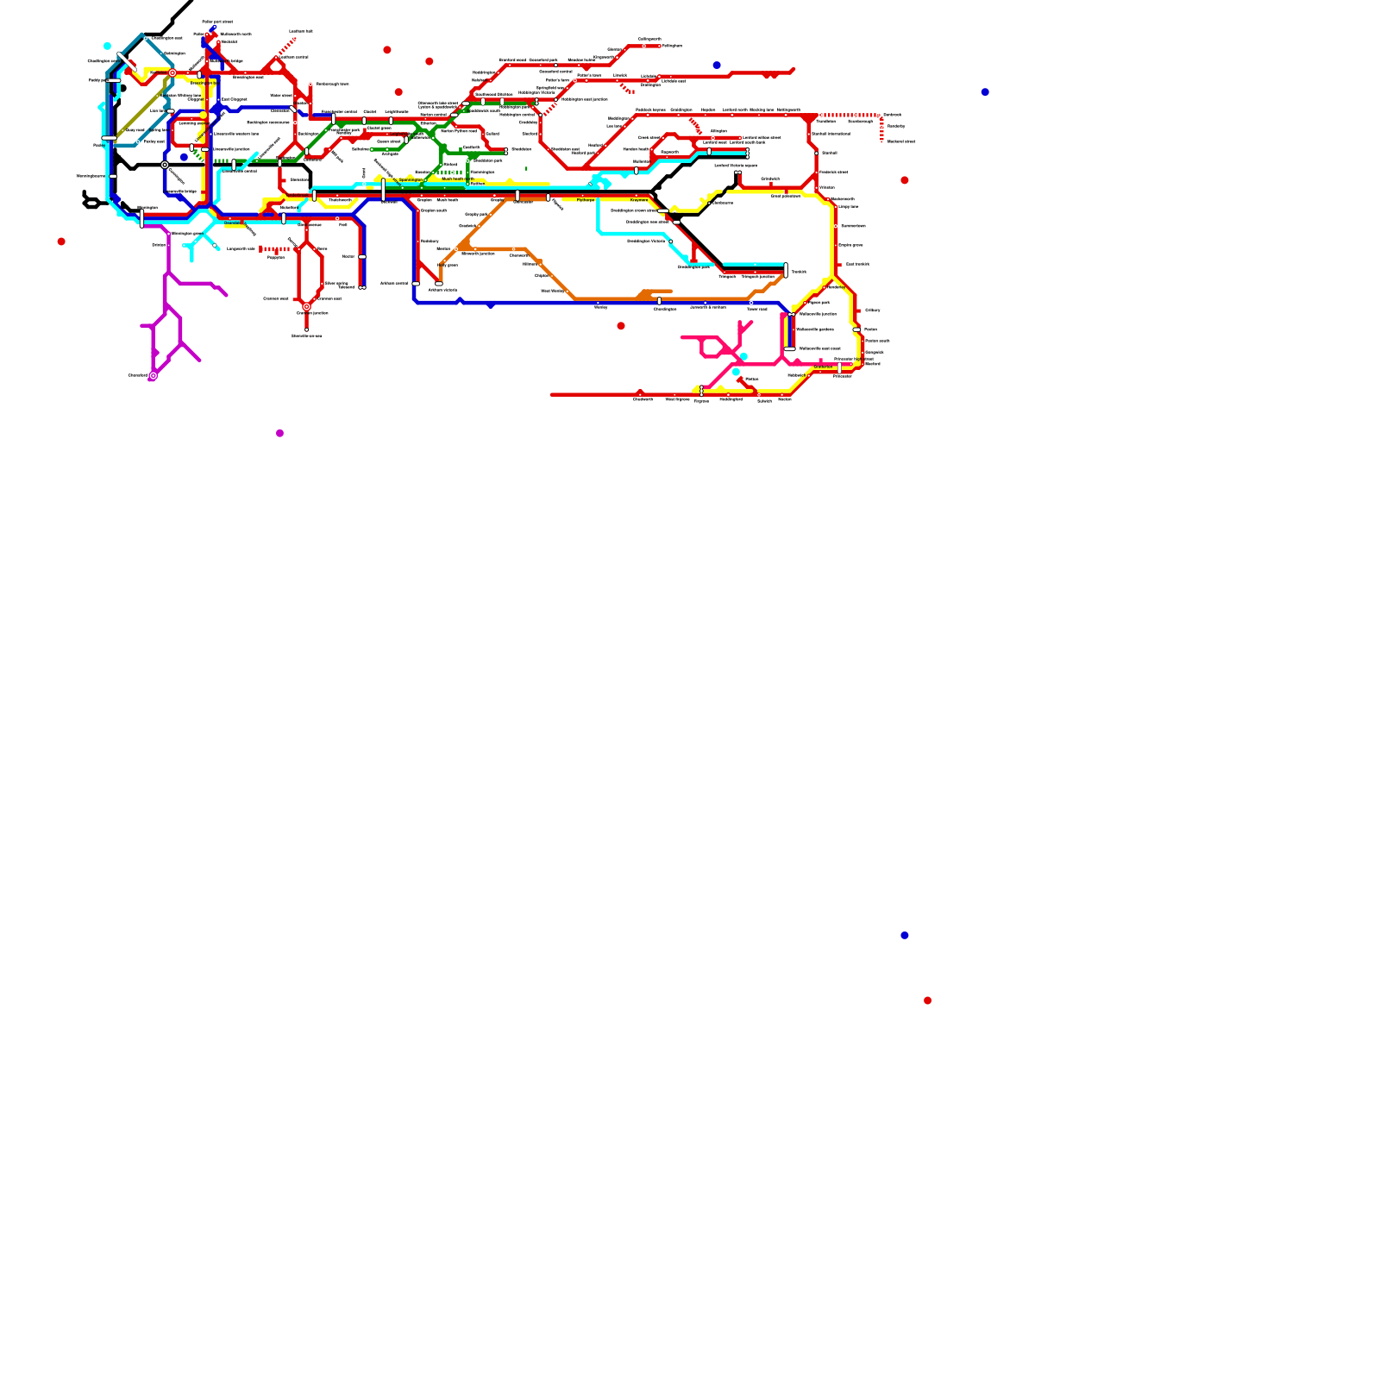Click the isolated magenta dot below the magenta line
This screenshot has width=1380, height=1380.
pyautogui.click(x=279, y=433)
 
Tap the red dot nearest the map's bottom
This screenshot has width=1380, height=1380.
pyautogui.click(x=927, y=1000)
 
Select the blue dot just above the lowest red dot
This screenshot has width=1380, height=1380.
pyautogui.click(x=904, y=935)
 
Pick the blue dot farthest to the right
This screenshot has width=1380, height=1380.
pyautogui.click(x=984, y=92)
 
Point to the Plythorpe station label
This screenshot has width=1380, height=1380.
pyautogui.click(x=586, y=200)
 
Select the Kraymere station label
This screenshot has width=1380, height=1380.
pyautogui.click(x=639, y=200)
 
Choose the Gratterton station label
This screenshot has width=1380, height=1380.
pyautogui.click(x=823, y=367)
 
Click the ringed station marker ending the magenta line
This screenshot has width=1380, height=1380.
pyautogui.click(x=153, y=375)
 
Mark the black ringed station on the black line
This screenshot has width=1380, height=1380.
pyautogui.click(x=165, y=165)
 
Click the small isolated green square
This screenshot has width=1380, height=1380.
pyautogui.click(x=526, y=168)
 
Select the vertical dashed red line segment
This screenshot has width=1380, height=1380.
pyautogui.click(x=881, y=129)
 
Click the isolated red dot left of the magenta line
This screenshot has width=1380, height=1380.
pyautogui.click(x=61, y=241)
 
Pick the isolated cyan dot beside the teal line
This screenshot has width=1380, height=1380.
pyautogui.click(x=107, y=46)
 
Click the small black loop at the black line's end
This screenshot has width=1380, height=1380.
pyautogui.click(x=91, y=204)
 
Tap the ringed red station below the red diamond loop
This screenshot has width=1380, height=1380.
pyautogui.click(x=306, y=306)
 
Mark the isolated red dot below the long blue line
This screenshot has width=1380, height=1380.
pyautogui.click(x=621, y=326)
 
